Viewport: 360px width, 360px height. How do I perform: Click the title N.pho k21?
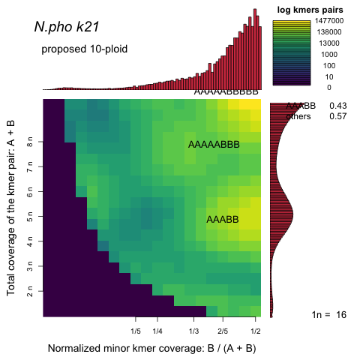pyautogui.click(x=67, y=28)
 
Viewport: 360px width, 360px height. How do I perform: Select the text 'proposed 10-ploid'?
pyautogui.click(x=84, y=49)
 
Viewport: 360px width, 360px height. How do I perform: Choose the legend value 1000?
pyautogui.click(x=325, y=55)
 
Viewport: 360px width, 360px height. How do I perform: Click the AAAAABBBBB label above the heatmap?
pyautogui.click(x=226, y=91)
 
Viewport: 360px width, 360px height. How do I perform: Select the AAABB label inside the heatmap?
pyautogui.click(x=222, y=220)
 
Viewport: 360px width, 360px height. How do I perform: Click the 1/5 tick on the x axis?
pyautogui.click(x=136, y=330)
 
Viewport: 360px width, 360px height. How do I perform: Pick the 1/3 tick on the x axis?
pyautogui.click(x=193, y=330)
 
